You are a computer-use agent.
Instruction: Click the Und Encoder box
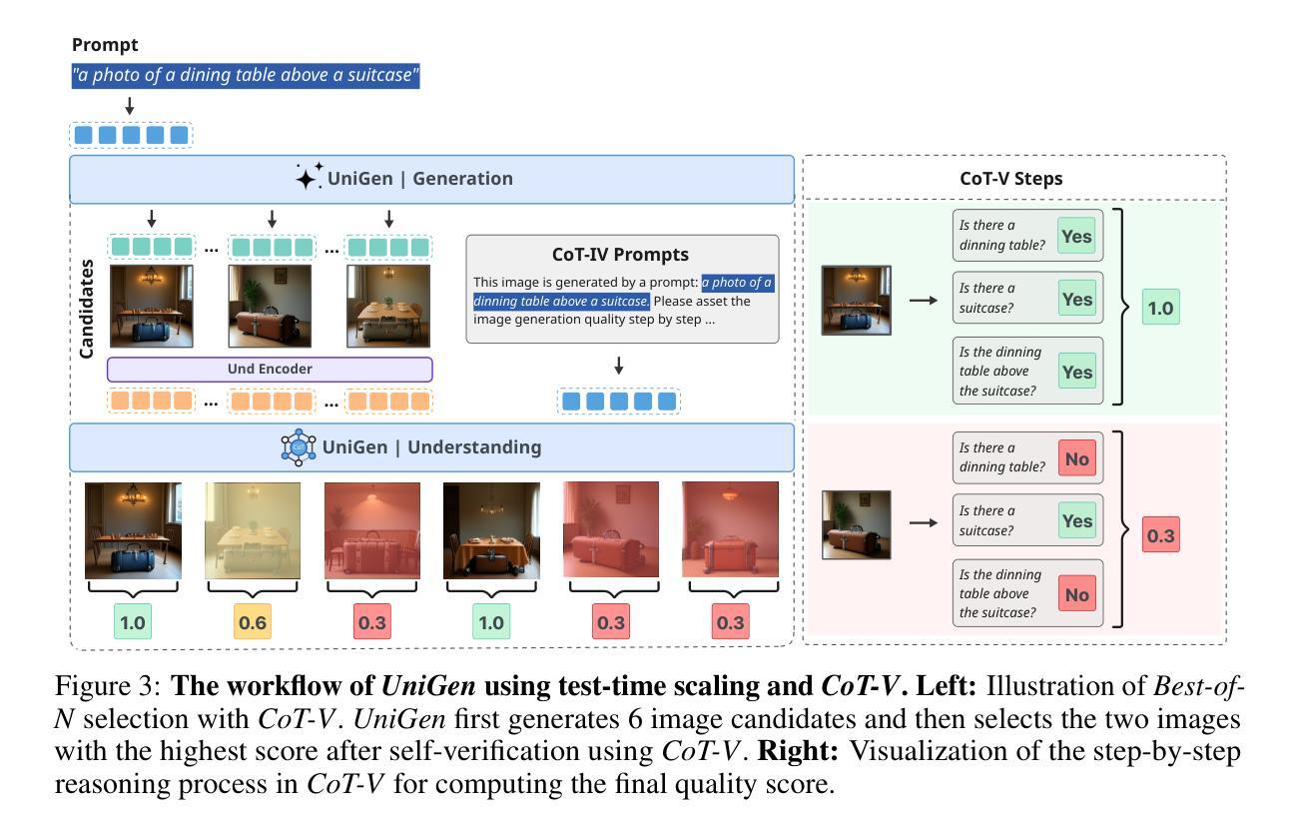point(270,370)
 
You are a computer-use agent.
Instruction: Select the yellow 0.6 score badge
point(253,622)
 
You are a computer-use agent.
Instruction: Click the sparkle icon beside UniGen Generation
point(309,176)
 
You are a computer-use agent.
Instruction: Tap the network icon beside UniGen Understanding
point(299,447)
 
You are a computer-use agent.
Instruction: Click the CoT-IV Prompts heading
point(620,255)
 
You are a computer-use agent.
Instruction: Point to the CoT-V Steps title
point(1011,179)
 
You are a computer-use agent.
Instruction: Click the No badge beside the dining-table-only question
point(1077,458)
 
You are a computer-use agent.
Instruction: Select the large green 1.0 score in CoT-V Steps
point(1160,308)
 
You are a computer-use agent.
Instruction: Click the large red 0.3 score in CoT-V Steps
point(1160,535)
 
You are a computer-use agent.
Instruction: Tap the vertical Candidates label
point(86,309)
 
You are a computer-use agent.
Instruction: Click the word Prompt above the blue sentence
point(105,45)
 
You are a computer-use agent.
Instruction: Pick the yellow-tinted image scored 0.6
point(253,530)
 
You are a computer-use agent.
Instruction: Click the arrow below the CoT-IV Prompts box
point(618,366)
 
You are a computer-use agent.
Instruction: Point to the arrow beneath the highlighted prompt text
point(130,106)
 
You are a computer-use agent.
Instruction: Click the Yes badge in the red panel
point(1077,520)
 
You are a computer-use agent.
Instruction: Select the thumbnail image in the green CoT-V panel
point(856,300)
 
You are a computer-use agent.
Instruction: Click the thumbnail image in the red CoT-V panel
point(856,525)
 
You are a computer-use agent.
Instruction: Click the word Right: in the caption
point(798,751)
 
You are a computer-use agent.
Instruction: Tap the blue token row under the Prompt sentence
point(131,135)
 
